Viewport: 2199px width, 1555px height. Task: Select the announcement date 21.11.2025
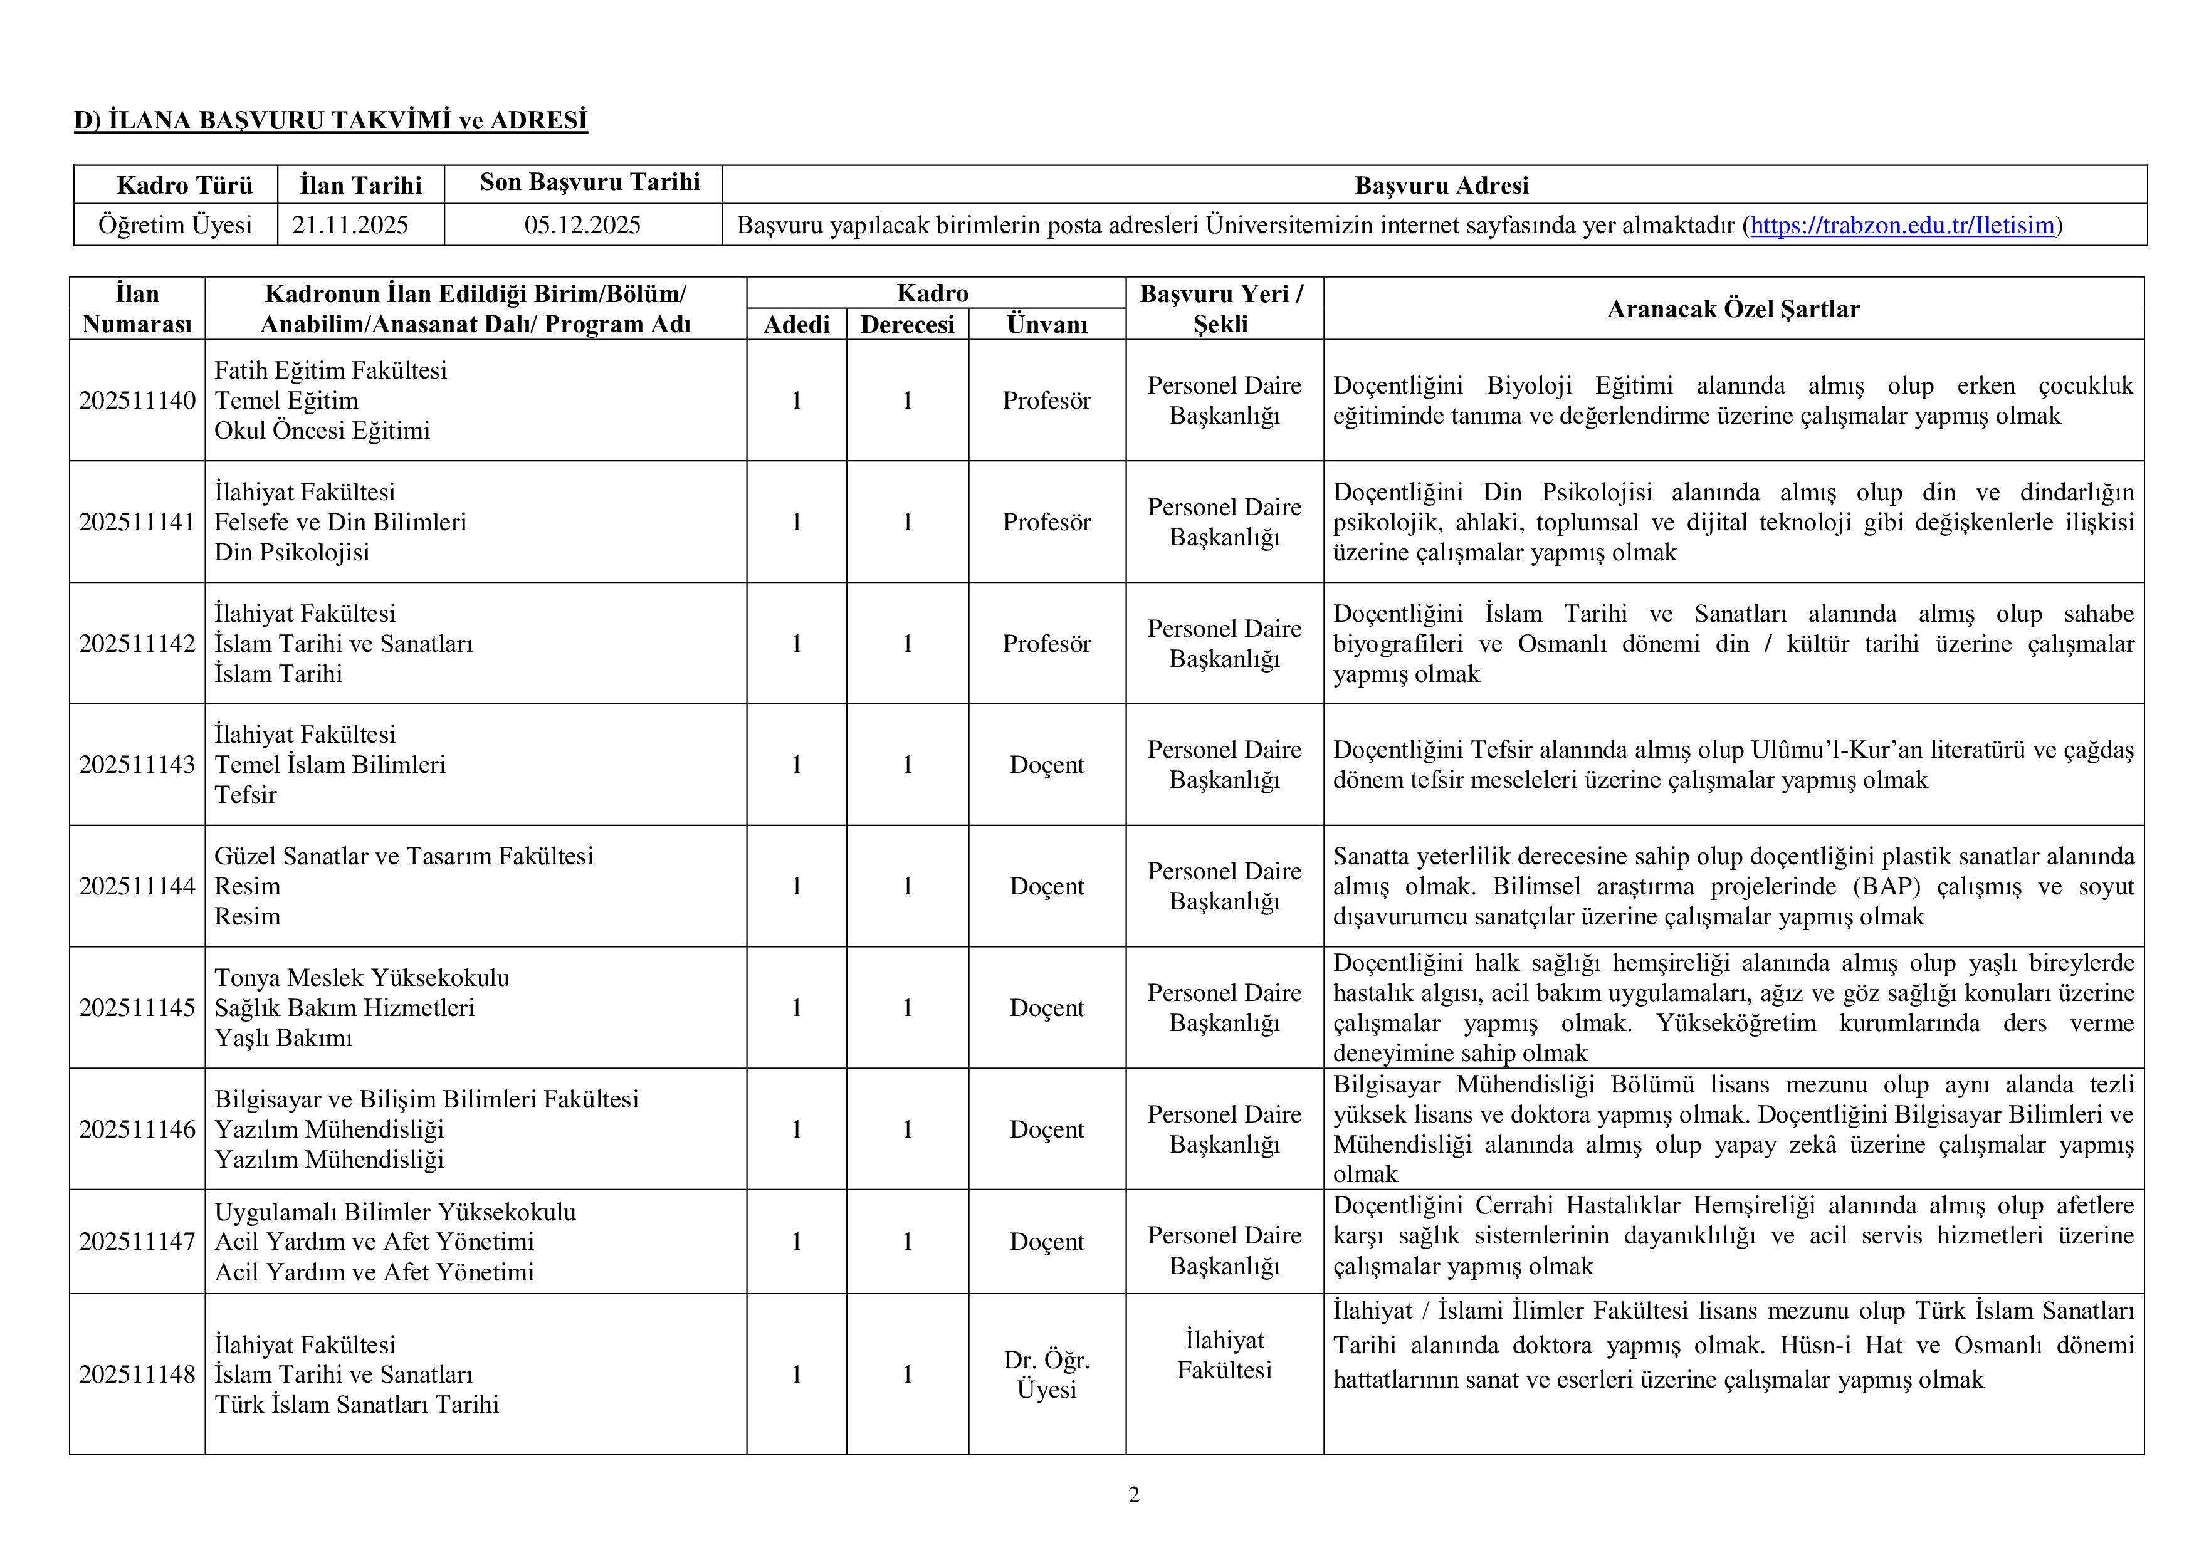pos(350,225)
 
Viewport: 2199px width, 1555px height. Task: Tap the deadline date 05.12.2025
pos(582,225)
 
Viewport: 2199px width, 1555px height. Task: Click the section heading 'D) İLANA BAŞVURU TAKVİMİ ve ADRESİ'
pos(330,120)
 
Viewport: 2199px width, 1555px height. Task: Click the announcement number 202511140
pos(137,401)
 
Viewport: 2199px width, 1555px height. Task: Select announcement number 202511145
pos(137,1007)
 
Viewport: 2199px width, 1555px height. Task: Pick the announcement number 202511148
pos(137,1374)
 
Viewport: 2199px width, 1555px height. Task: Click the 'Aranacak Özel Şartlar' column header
pos(1733,308)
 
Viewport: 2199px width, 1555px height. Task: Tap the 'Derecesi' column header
pos(907,325)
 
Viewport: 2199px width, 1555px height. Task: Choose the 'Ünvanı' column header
pos(1047,325)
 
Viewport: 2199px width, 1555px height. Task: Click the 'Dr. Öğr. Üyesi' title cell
pos(1047,1374)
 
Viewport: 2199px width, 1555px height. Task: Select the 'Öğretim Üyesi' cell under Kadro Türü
pos(176,225)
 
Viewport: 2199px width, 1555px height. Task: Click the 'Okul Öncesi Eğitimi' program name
pos(322,431)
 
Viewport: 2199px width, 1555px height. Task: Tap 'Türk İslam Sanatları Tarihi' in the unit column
pos(356,1405)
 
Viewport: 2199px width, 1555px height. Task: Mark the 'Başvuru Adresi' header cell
pos(1441,185)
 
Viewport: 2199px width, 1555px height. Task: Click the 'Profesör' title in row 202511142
pos(1047,644)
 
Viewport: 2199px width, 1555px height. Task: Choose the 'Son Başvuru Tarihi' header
pos(590,182)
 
